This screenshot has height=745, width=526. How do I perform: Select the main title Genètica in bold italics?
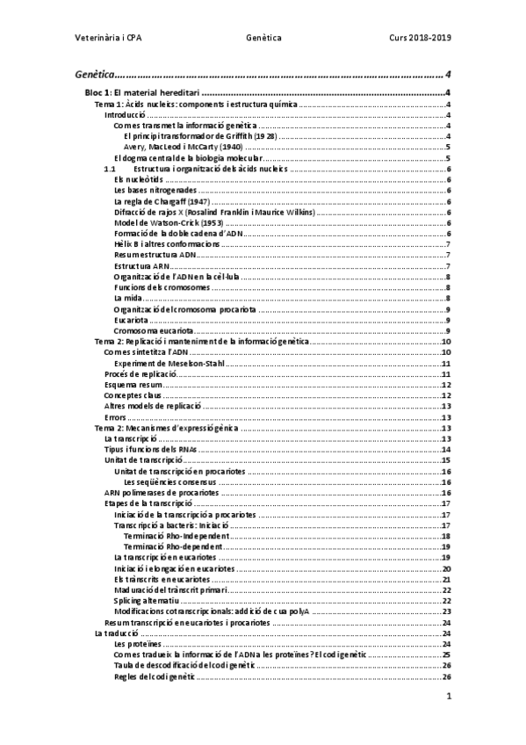coord(94,75)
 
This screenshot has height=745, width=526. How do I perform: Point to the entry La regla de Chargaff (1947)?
coord(161,201)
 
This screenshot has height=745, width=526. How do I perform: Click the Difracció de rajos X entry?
coord(214,212)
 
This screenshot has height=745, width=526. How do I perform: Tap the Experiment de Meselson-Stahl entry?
coord(176,363)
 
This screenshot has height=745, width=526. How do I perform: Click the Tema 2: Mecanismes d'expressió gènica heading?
coord(166,428)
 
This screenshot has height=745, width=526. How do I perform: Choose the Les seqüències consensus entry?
coord(170,481)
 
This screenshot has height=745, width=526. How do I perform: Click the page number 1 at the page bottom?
coord(448,697)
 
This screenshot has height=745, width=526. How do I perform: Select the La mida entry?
coord(127,298)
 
